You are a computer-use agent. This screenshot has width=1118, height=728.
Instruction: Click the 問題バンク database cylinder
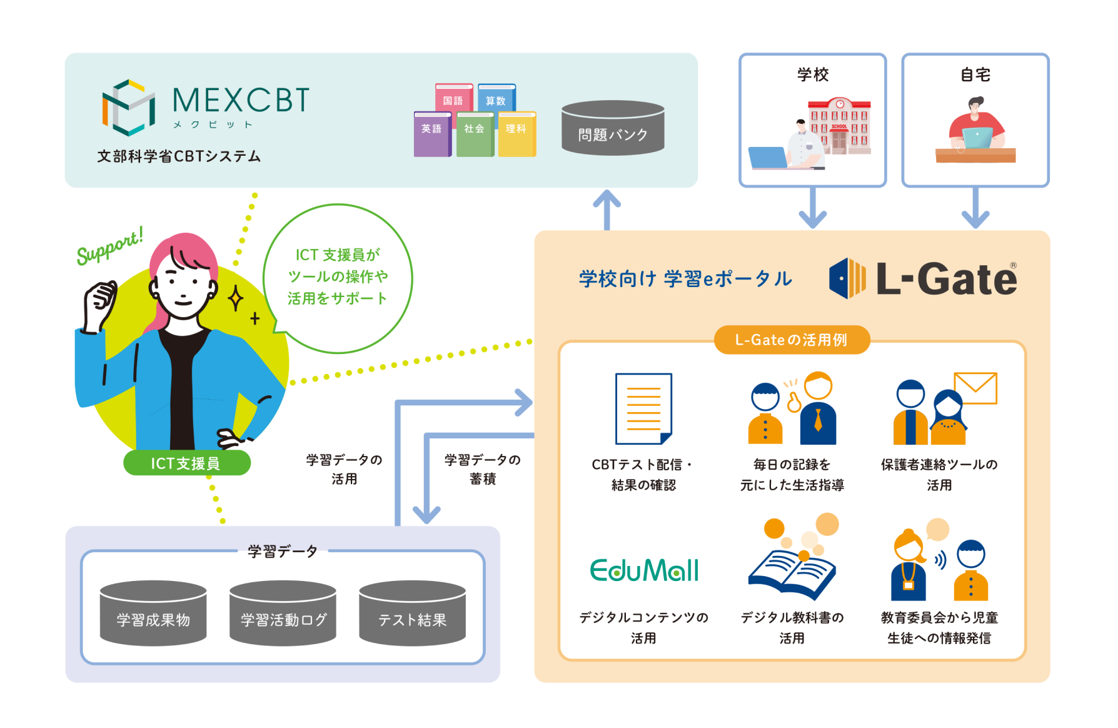[613, 128]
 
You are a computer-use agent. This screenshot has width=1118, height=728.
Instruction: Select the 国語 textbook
[454, 98]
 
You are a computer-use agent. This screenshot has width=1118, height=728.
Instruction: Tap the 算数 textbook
[496, 98]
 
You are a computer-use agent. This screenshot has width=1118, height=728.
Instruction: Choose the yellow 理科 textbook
[517, 134]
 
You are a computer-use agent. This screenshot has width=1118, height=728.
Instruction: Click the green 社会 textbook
[475, 134]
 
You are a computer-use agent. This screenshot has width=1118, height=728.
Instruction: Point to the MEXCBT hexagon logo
[129, 108]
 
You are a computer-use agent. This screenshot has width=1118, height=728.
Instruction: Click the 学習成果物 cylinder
[153, 613]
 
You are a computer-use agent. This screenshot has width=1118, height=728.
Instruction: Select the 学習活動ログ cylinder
[283, 613]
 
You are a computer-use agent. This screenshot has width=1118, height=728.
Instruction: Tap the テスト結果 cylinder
[412, 613]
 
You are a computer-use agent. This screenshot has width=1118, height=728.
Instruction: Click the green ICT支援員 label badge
[187, 463]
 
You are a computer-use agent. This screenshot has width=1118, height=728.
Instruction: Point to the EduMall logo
[644, 570]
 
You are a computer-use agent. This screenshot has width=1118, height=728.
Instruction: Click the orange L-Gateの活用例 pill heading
[792, 340]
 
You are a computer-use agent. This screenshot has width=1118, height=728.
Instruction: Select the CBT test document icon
[643, 408]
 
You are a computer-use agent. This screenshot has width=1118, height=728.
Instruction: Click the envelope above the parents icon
[975, 388]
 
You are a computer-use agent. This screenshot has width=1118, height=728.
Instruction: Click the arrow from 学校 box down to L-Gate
[813, 208]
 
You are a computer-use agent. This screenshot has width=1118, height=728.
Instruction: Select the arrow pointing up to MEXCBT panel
[607, 210]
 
